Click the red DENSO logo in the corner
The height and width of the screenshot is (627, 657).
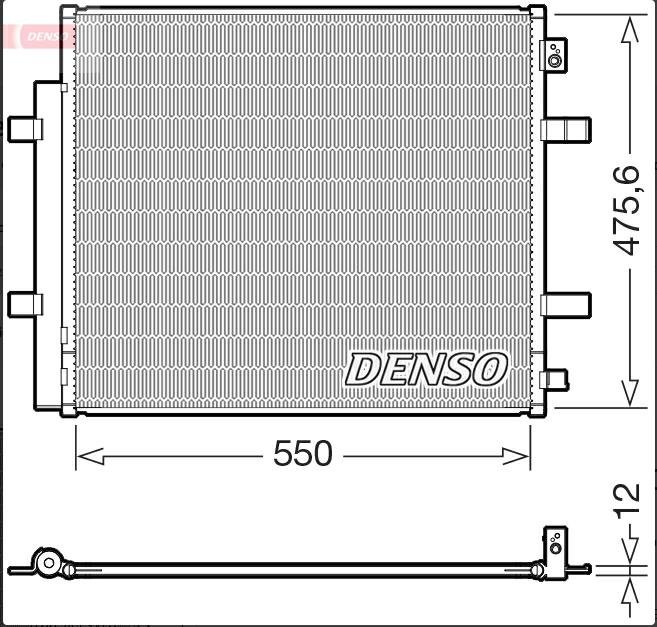[x=40, y=36]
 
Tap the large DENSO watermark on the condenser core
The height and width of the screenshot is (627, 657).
[x=426, y=369]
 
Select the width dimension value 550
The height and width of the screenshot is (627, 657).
[x=302, y=455]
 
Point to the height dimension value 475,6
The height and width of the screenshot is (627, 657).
[x=626, y=210]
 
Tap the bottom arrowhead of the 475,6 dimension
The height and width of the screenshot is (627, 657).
[x=629, y=392]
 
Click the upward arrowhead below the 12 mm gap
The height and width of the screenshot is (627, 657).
[x=629, y=591]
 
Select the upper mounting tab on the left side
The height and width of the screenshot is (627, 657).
[x=26, y=129]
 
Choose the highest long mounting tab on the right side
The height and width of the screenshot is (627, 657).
[x=566, y=129]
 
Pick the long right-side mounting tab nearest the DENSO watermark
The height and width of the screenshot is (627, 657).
[x=566, y=303]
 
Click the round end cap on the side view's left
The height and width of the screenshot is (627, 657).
[x=46, y=564]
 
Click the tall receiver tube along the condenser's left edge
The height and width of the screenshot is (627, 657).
[x=49, y=245]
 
